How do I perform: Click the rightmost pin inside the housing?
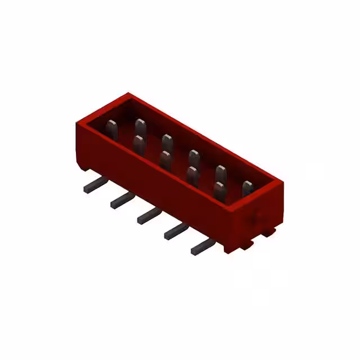pos(247,188)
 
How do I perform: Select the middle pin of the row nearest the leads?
pos(165,159)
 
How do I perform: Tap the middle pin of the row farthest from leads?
pos(194,157)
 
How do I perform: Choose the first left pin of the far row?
pos(141,125)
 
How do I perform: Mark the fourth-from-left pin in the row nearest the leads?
pos(192,174)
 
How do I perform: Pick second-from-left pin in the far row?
pos(167,141)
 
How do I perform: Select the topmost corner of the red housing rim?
pos(129,93)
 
